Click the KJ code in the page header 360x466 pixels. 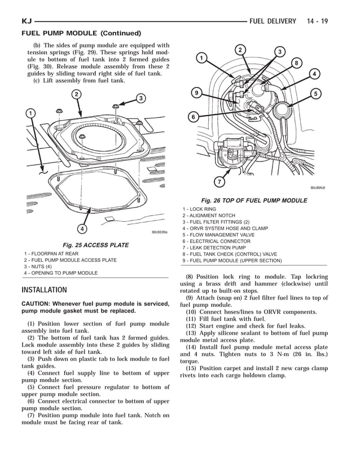[x=27, y=21]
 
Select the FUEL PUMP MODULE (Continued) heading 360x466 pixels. [x=81, y=33]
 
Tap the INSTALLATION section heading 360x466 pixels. [x=44, y=290]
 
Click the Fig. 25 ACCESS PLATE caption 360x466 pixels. [x=95, y=245]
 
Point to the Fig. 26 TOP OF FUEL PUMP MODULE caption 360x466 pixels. [x=254, y=200]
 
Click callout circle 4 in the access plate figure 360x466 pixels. [x=82, y=228]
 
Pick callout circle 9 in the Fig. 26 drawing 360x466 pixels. [x=196, y=93]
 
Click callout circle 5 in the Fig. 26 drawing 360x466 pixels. [x=316, y=94]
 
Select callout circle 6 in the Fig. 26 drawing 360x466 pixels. [x=193, y=117]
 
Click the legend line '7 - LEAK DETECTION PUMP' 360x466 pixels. [x=214, y=248]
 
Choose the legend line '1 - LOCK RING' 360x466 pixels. [x=199, y=209]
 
